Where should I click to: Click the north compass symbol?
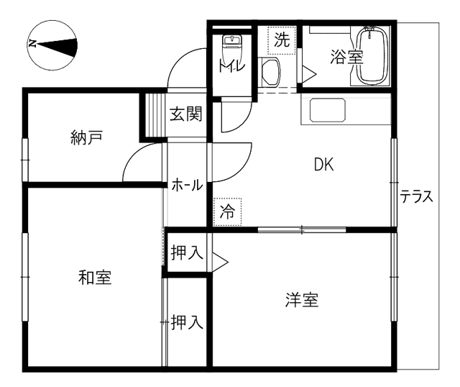(x=52, y=45)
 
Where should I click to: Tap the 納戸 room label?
(x=86, y=137)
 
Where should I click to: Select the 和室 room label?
(x=95, y=277)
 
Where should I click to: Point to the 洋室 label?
(x=302, y=300)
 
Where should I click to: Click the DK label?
(x=324, y=165)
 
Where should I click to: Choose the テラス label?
(x=417, y=196)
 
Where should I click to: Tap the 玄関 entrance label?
(x=186, y=114)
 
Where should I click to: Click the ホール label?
(x=187, y=185)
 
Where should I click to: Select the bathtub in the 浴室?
(x=372, y=55)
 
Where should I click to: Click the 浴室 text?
(x=346, y=58)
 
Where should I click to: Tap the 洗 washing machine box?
(x=282, y=40)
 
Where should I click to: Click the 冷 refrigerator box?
(x=227, y=211)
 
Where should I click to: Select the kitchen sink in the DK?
(x=328, y=110)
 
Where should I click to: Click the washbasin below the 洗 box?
(x=270, y=72)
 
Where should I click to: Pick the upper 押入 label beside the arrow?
(x=187, y=252)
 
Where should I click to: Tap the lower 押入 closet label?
(x=187, y=322)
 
